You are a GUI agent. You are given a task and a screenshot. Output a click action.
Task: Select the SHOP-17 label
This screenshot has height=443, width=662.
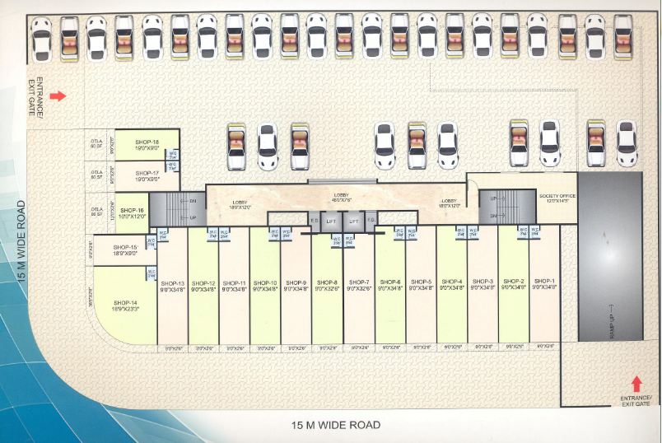click(x=144, y=175)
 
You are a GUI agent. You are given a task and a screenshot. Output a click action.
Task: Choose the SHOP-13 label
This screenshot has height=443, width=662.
click(x=173, y=284)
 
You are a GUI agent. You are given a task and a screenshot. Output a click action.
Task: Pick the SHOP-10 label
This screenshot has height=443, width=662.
click(x=265, y=284)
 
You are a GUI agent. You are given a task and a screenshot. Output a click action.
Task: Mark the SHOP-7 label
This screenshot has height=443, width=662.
click(x=359, y=284)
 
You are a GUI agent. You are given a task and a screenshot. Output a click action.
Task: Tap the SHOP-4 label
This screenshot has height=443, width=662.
click(x=452, y=284)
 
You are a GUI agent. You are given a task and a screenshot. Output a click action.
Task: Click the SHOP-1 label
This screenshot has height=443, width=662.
click(x=544, y=284)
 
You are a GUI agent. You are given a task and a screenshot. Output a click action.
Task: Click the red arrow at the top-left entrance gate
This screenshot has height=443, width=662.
click(x=58, y=96)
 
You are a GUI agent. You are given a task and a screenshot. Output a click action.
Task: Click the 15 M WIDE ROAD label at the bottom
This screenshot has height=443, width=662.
click(x=336, y=425)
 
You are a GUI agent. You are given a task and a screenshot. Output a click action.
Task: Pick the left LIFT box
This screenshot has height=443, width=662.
click(x=330, y=221)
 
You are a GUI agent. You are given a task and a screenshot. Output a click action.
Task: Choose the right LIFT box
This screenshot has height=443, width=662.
click(x=355, y=221)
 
